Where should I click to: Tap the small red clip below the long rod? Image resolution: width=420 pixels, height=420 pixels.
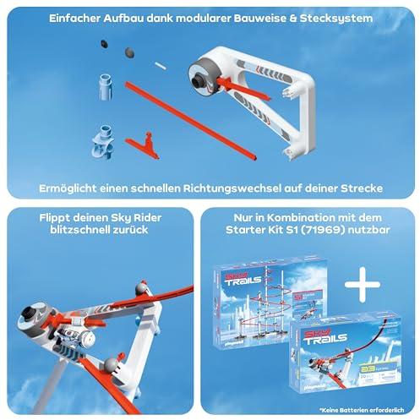(x=145, y=141)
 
